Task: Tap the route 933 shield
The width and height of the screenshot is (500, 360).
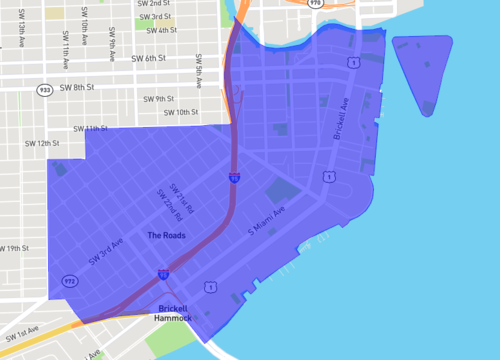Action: click(45, 89)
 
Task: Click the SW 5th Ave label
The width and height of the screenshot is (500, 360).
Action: click(199, 69)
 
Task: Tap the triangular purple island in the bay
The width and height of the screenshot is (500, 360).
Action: click(424, 68)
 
